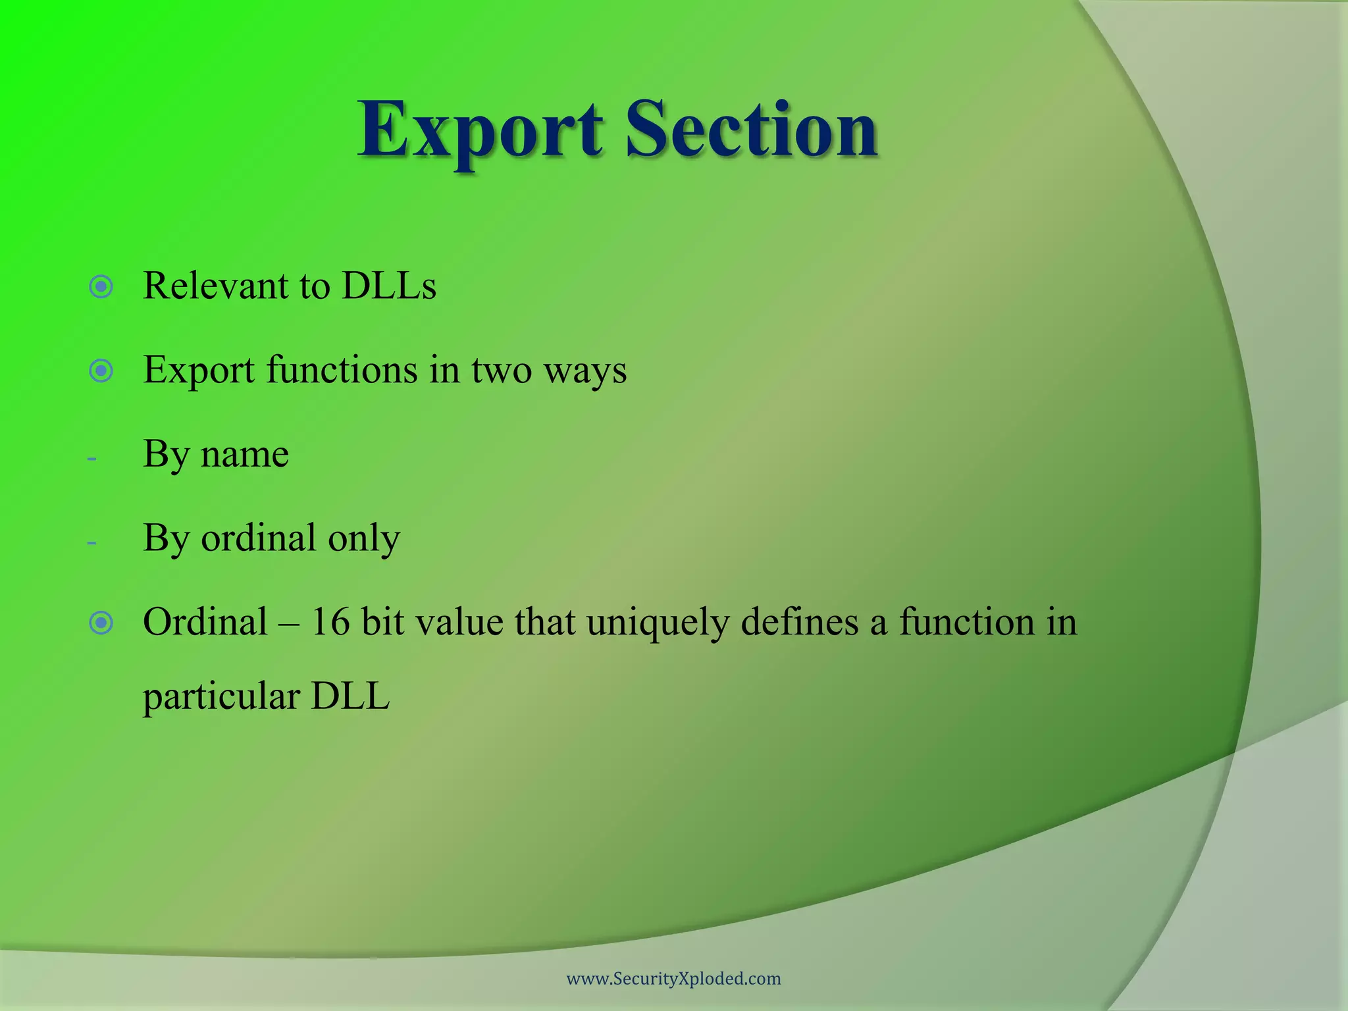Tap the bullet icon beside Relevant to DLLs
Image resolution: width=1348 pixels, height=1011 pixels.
(101, 287)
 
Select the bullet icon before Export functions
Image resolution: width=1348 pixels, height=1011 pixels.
(101, 371)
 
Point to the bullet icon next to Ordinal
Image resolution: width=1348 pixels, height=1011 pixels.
(101, 623)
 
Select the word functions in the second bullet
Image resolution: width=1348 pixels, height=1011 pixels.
(342, 370)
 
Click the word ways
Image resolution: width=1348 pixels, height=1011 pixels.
(585, 371)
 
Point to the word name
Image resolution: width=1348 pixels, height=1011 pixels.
(244, 454)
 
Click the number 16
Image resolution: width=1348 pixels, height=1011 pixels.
(330, 622)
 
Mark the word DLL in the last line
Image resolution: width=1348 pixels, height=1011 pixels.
(350, 696)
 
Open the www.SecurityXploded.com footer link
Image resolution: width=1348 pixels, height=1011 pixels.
(673, 979)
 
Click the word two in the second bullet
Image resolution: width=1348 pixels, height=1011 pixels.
(501, 370)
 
